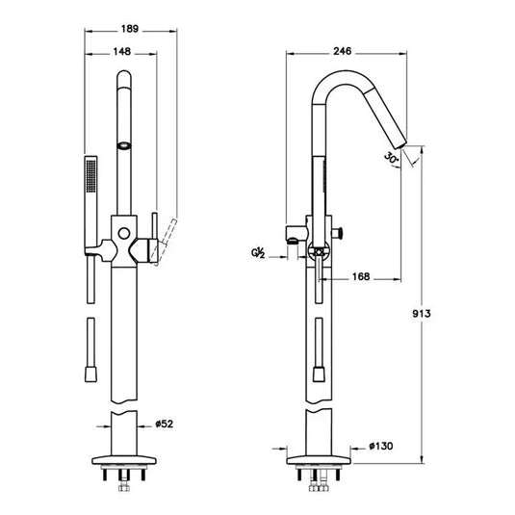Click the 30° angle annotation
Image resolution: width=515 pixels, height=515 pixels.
[391, 158]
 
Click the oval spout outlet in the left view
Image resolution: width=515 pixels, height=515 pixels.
[122, 145]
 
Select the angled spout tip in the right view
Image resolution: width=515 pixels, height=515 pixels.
[410, 153]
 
